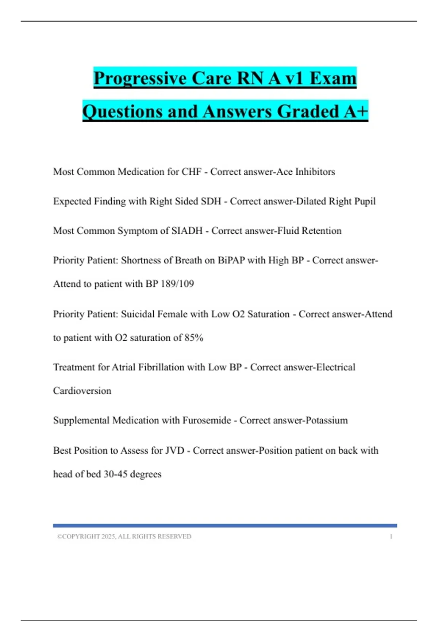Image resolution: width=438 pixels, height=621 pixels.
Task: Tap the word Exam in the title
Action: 333,78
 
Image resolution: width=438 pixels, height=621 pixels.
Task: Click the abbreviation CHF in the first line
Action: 192,172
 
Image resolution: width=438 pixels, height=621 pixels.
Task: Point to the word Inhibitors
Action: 315,172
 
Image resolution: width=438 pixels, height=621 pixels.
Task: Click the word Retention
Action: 322,231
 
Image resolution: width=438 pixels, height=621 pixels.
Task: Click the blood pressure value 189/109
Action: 177,284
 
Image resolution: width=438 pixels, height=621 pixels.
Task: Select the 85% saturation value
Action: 194,338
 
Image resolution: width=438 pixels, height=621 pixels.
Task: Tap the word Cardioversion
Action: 82,391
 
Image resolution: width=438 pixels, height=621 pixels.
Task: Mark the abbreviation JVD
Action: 175,450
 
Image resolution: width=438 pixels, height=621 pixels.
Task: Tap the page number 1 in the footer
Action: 391,537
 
